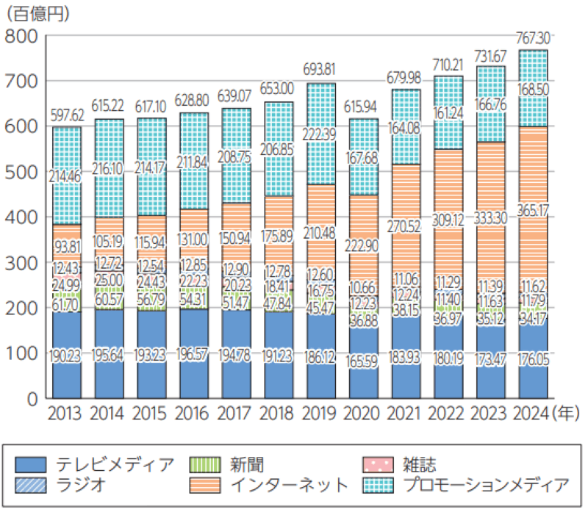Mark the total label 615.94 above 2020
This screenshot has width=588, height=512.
pyautogui.click(x=362, y=106)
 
